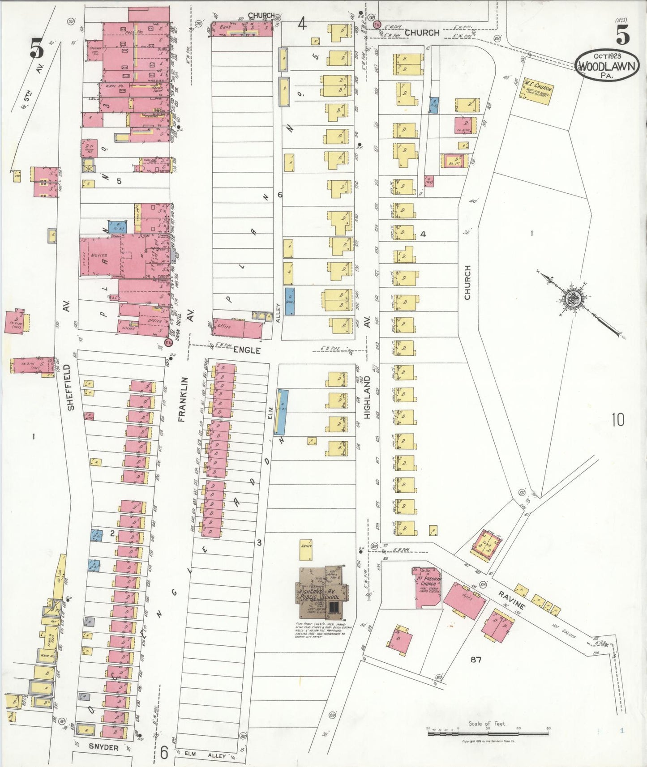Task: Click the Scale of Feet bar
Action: click(488, 733)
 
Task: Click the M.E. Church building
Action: click(537, 91)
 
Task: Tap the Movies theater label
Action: click(99, 255)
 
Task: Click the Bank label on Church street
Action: click(225, 27)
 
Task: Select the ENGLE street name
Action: click(247, 350)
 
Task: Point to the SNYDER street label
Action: click(103, 747)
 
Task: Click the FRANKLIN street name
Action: click(182, 400)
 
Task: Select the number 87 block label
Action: click(476, 659)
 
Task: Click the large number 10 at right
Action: click(617, 420)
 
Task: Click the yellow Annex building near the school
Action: click(306, 550)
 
